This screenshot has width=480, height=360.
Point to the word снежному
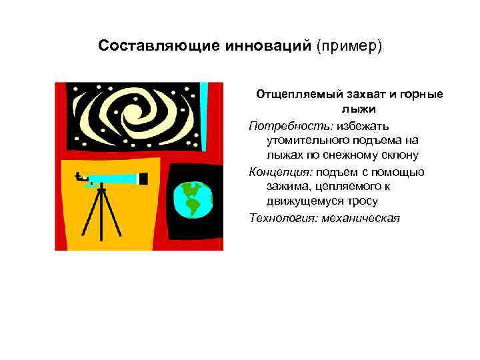349,155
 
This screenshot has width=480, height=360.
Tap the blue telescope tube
113,179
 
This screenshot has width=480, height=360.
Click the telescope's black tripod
102,217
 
